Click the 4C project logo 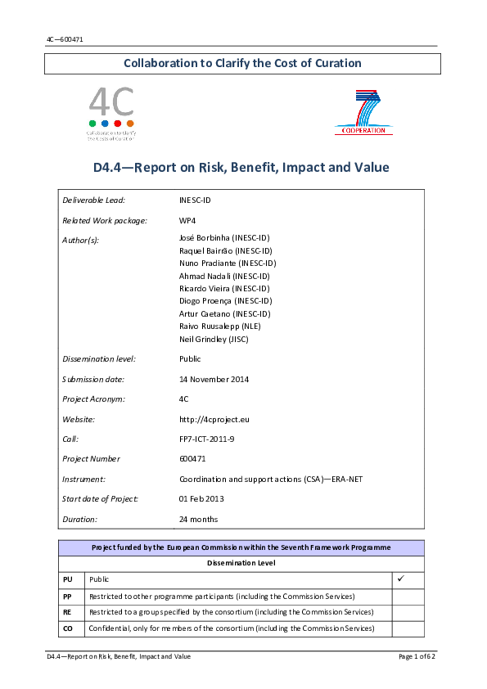click(111, 114)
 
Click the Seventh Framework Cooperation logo click(363, 114)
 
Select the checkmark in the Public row click(401, 579)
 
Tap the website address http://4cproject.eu click(214, 419)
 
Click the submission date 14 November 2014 click(214, 379)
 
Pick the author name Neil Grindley click(214, 339)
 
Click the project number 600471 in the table click(193, 458)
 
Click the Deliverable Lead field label click(93, 200)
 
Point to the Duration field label click(79, 519)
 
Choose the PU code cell click(68, 579)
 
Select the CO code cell click(68, 628)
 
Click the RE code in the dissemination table click(68, 612)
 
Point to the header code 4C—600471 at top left click(65, 39)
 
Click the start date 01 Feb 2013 click(201, 498)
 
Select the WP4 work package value click(187, 220)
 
